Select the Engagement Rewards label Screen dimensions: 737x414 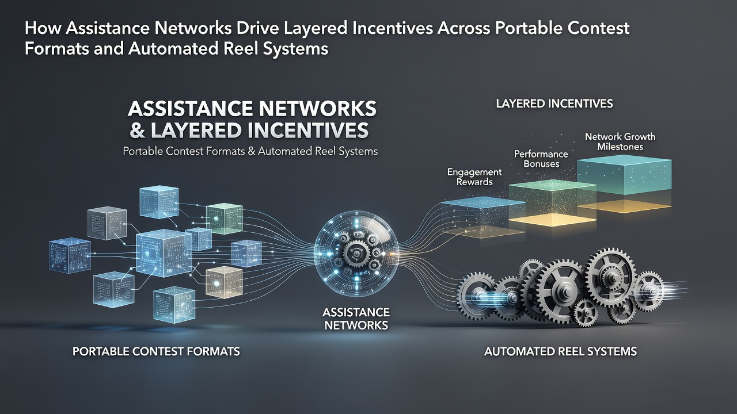474,177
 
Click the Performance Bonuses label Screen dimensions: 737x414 541,159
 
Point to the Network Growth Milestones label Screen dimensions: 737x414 620,141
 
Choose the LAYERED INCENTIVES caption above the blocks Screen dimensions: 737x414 554,104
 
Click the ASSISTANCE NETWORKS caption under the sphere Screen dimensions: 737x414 356,319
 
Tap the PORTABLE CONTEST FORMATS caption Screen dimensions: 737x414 156,351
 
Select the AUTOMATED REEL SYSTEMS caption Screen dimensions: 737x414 560,351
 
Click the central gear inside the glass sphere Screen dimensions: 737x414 356,254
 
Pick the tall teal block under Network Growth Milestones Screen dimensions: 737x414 624,177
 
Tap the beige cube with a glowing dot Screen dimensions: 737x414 224,282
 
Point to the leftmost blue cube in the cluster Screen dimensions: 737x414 70,255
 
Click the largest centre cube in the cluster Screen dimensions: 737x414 164,253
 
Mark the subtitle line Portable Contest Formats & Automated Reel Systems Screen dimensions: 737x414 250,151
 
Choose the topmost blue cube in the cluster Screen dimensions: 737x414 159,202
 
